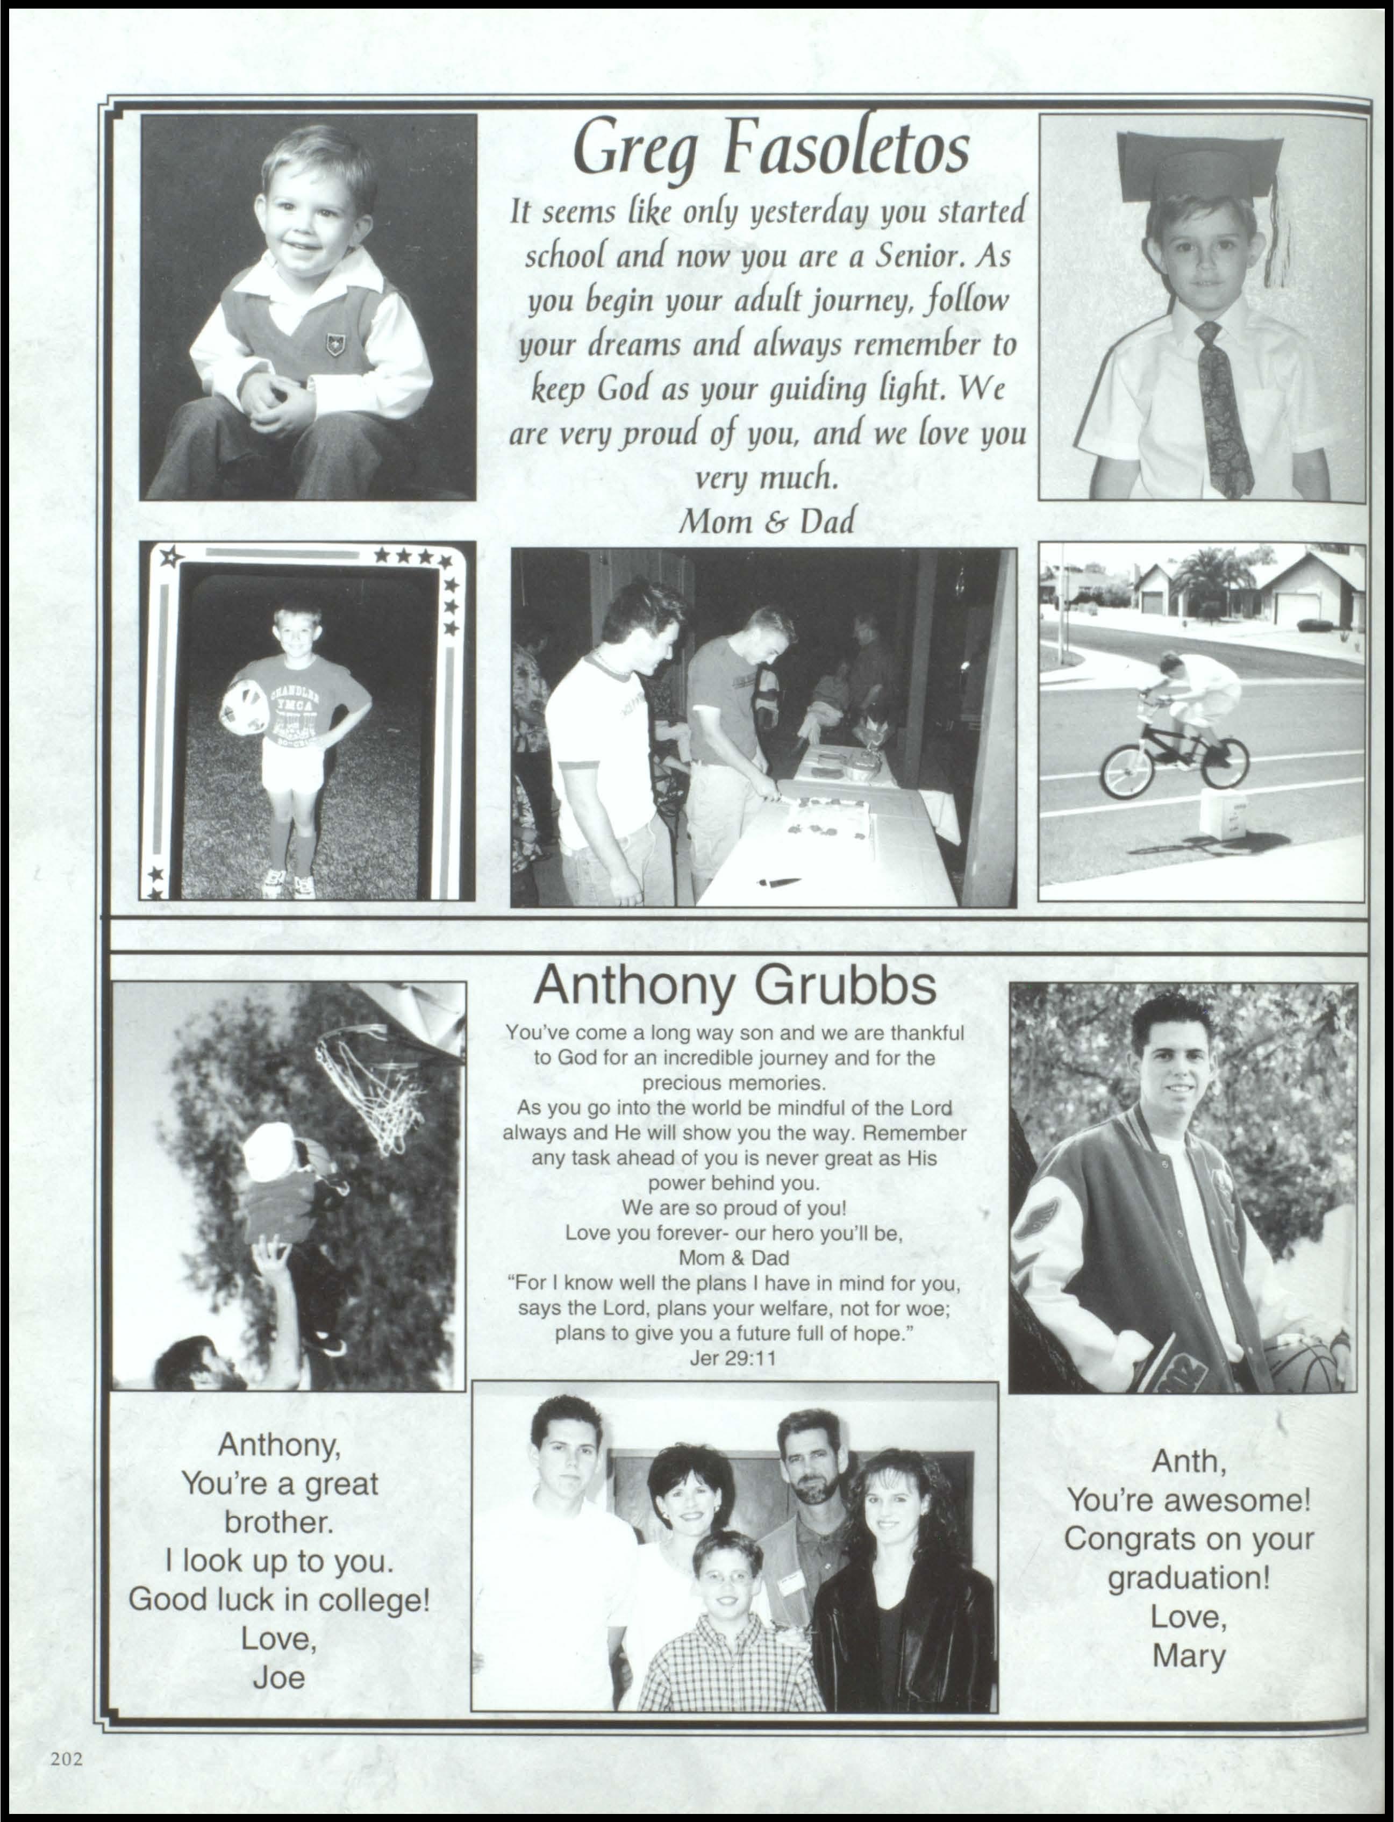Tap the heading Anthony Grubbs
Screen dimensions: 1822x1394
734,987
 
